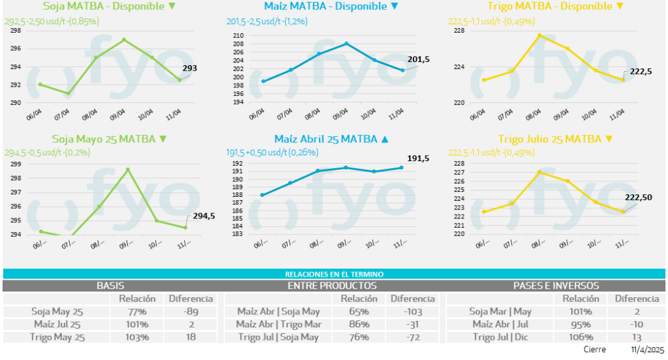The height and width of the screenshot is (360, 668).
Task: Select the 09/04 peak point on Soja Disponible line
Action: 124,40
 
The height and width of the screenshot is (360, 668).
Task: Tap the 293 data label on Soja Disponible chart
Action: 189,68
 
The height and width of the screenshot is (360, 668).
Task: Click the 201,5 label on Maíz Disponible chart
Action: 418,59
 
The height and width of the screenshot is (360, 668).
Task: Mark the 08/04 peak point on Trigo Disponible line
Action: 539,35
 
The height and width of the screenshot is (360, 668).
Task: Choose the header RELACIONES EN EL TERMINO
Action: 334,275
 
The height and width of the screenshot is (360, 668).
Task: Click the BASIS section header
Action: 110,286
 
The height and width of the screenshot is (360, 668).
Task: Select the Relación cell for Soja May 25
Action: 136,311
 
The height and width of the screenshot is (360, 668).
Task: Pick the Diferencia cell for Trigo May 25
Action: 190,337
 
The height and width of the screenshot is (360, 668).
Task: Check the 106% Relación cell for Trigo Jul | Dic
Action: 580,337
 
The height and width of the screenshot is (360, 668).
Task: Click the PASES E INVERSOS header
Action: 556,286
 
